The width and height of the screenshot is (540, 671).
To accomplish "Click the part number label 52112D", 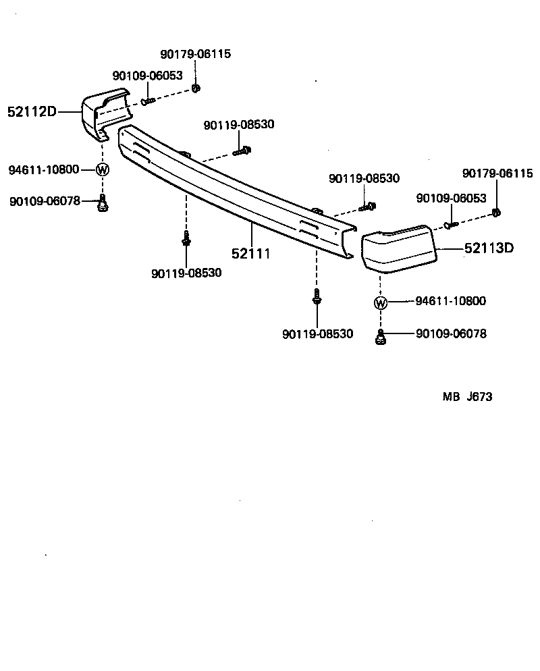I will tap(32, 112).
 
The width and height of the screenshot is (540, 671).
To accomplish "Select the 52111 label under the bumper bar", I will tap(251, 254).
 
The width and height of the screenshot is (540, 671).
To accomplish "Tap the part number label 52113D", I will tap(489, 248).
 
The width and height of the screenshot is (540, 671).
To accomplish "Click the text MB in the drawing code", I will tap(451, 397).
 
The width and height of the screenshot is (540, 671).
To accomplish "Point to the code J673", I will tap(479, 397).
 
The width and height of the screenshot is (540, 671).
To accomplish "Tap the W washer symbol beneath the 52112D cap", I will tap(102, 169).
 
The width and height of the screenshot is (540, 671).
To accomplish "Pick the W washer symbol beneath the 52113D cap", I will tap(381, 302).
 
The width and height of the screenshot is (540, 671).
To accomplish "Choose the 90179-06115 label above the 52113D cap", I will tap(497, 173).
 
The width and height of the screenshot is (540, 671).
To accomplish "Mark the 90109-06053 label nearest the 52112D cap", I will tap(147, 76).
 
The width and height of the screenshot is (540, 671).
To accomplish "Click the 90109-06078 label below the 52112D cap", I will tap(45, 200).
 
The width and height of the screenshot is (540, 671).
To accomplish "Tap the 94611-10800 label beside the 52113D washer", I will tap(451, 301).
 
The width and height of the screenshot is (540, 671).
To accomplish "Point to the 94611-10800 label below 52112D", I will tap(44, 169).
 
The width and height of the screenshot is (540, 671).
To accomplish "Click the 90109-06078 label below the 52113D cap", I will tap(451, 333).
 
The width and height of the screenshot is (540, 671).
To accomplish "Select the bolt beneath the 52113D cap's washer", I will tap(381, 337).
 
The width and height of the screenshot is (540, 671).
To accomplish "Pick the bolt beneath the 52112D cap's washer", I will tap(103, 203).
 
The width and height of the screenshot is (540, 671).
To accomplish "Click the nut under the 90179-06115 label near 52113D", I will tap(496, 213).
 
